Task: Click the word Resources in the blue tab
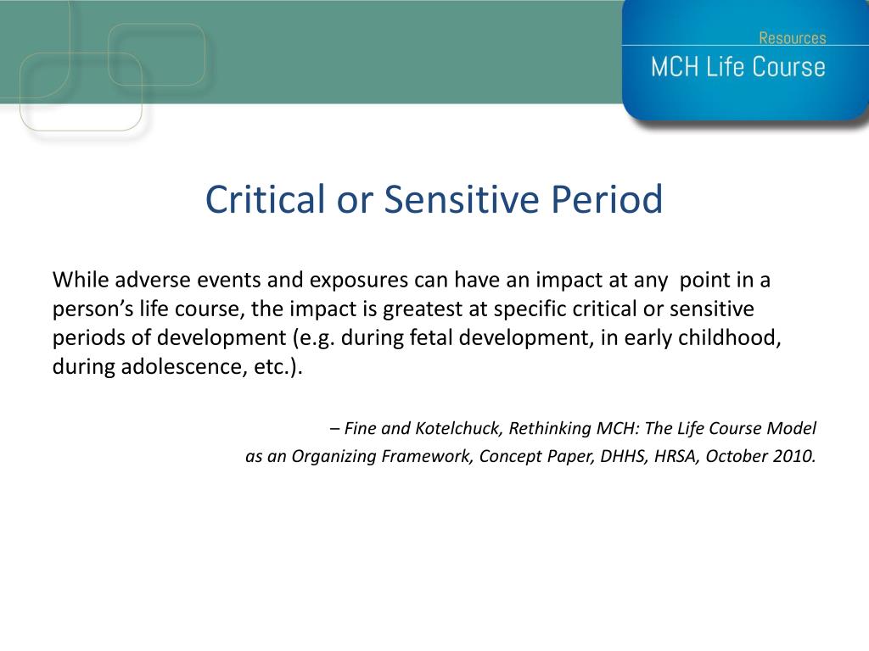(x=792, y=37)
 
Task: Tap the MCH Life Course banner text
(x=737, y=67)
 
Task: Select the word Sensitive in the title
(x=462, y=198)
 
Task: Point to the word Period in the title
(x=607, y=198)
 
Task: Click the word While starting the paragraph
(x=81, y=280)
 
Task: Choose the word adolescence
(x=183, y=366)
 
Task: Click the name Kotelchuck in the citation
(x=457, y=428)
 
